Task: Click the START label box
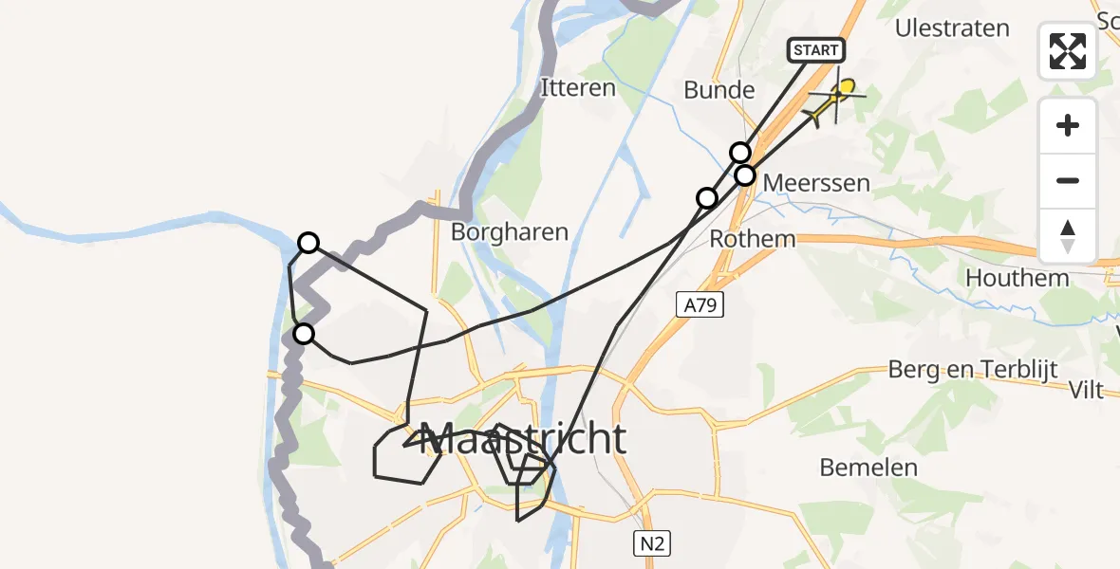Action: [x=815, y=50]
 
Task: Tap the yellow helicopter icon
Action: [x=834, y=101]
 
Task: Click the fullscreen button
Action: [x=1068, y=51]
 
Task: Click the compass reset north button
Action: [x=1068, y=235]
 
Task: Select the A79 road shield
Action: [x=700, y=304]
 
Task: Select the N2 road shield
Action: [x=653, y=543]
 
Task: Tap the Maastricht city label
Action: [x=522, y=439]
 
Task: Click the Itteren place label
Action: [x=577, y=88]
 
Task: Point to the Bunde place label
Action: [x=719, y=91]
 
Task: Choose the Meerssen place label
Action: [x=816, y=182]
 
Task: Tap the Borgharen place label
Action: [x=510, y=231]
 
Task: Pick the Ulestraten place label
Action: [x=952, y=28]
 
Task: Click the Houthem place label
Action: [x=1017, y=278]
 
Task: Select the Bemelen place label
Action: [x=868, y=467]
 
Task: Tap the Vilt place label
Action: [x=1085, y=390]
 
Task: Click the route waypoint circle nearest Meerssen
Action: [x=745, y=175]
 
